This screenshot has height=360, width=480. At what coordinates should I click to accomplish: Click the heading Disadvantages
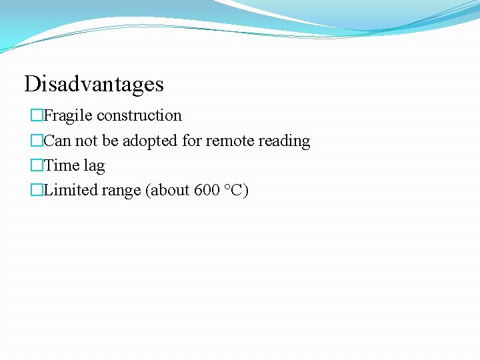tap(94, 84)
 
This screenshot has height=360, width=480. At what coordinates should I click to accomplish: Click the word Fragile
tap(68, 115)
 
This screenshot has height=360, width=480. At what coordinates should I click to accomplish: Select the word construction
tap(139, 115)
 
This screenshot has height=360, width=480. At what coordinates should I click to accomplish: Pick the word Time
tap(61, 165)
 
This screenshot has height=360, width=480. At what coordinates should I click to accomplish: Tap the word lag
tap(94, 166)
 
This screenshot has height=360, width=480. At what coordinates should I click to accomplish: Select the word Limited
tap(71, 190)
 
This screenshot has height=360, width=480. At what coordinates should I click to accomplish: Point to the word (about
tap(167, 190)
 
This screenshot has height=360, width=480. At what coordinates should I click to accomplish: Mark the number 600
tap(207, 190)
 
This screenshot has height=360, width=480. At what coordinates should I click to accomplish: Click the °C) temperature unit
tap(236, 190)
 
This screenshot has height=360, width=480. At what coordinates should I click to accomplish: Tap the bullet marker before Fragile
tap(36, 116)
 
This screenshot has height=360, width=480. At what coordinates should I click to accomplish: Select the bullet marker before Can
tap(36, 141)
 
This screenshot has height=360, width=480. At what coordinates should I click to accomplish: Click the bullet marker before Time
tap(36, 166)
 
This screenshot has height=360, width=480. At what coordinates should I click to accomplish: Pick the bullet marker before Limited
tap(36, 191)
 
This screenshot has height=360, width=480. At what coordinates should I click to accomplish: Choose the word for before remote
tap(191, 141)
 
